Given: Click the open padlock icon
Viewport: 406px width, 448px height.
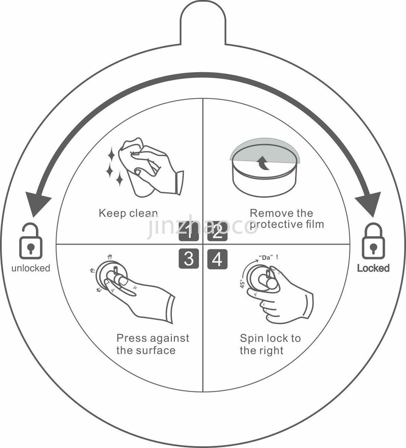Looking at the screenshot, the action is [31, 241].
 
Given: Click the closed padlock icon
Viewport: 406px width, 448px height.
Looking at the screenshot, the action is [373, 241].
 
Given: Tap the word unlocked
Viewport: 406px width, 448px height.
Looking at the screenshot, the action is [31, 268].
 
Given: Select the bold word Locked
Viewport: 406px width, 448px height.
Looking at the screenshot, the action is [373, 268].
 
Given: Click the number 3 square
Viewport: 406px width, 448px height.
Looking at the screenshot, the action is [188, 259].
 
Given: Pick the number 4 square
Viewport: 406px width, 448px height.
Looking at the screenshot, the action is [218, 259].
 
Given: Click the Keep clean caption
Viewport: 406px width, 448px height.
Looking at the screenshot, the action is [128, 213].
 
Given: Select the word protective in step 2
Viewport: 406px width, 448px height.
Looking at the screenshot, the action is [274, 224].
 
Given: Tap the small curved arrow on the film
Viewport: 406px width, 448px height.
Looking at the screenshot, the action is [264, 164].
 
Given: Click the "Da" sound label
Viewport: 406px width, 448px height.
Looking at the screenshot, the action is [266, 258].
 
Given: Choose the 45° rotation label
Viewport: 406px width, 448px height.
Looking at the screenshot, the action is [242, 283].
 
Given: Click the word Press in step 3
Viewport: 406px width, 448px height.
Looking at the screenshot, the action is [131, 338].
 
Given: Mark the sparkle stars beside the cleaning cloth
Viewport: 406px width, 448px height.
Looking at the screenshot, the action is [114, 167].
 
